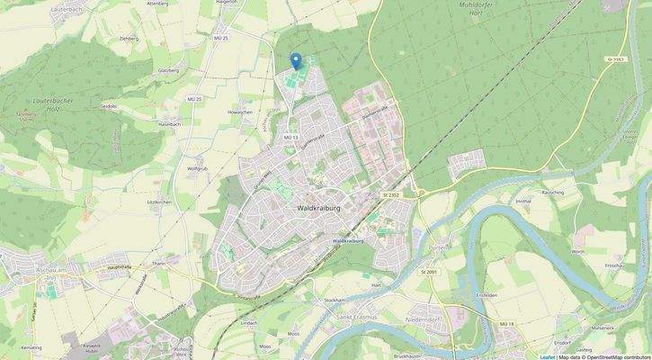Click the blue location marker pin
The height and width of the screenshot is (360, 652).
[295, 61]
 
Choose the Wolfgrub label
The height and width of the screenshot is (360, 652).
[198, 168]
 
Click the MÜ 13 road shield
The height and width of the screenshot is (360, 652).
[290, 136]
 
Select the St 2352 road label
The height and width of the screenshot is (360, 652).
[390, 193]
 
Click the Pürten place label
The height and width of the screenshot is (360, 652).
[439, 246]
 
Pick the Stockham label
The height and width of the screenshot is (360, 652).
[335, 300]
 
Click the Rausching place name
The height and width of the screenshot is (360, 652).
[553, 192]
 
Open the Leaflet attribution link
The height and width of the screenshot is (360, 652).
[547, 356]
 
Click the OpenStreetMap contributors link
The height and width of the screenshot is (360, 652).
[617, 356]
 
